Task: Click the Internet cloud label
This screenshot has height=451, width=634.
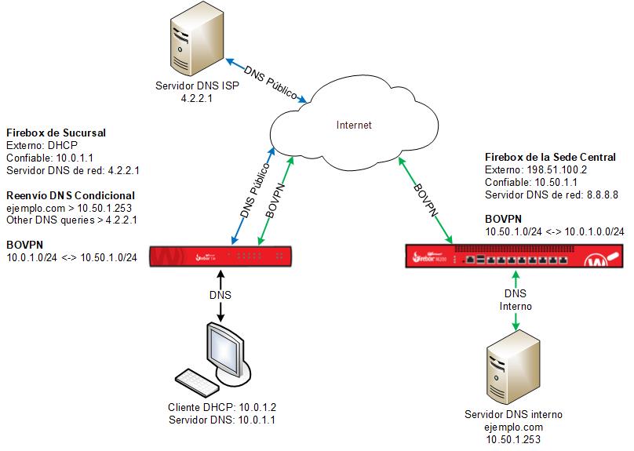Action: (x=353, y=125)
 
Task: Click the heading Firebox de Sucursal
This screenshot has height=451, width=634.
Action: (x=56, y=133)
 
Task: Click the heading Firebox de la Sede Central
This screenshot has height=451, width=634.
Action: (x=549, y=157)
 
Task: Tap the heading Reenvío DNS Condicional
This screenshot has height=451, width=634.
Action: (x=70, y=195)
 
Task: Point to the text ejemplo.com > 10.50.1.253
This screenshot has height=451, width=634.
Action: (x=68, y=208)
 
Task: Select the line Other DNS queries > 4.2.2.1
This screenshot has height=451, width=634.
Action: (x=71, y=220)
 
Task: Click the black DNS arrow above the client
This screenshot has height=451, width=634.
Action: (x=220, y=296)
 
